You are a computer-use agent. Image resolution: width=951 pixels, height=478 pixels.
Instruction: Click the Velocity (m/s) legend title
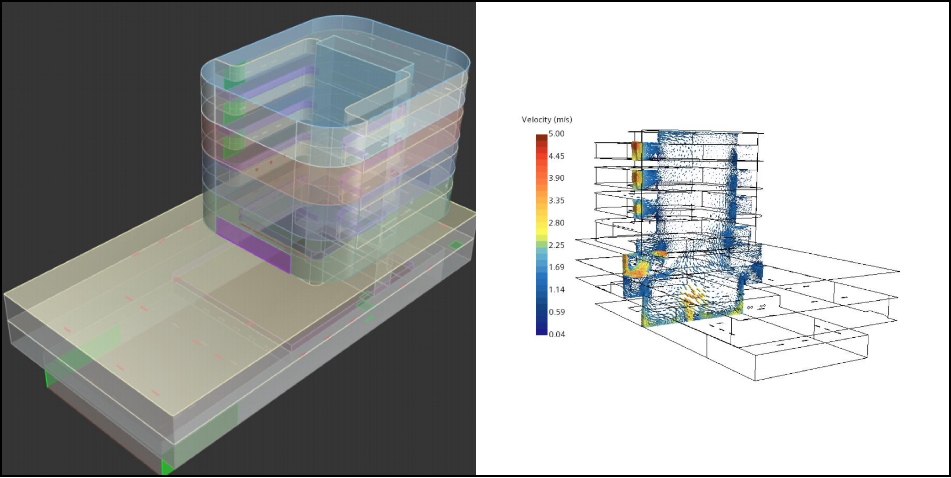coord(547,119)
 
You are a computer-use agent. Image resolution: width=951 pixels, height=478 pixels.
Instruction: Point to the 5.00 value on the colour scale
coord(556,134)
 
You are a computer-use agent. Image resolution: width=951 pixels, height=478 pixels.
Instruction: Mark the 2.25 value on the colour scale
coord(556,245)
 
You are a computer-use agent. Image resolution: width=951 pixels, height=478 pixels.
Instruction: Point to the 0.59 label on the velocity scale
coord(556,312)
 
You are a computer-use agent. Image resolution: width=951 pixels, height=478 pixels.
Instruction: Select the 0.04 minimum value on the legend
coord(556,334)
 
